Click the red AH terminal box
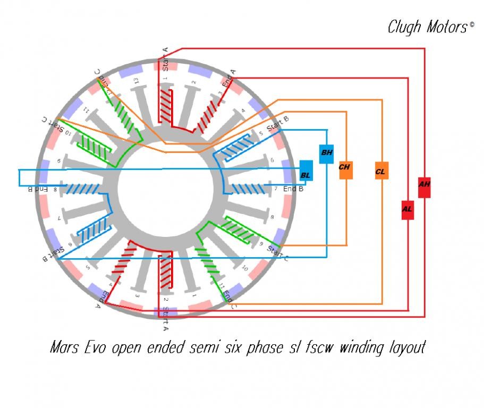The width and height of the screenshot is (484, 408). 424,186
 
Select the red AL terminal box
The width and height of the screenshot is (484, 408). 407,209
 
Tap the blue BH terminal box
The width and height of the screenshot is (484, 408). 326,154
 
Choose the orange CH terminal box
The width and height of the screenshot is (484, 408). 344,168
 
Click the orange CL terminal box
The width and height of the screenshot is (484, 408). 381,171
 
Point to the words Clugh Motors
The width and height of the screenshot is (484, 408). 427,27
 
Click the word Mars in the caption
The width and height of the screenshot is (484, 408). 65,348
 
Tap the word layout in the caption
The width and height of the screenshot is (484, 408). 407,348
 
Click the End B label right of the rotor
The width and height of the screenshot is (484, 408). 293,189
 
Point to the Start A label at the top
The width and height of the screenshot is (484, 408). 166,59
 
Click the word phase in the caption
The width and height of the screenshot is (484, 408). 257,348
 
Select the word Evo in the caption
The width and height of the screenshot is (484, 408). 96,348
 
